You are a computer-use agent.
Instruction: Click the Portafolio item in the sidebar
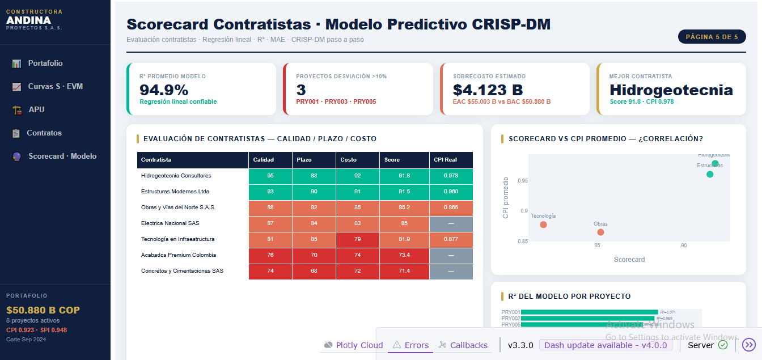coord(45,63)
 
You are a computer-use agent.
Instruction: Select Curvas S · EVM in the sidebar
coord(55,87)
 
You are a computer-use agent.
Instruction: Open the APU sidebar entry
coord(36,110)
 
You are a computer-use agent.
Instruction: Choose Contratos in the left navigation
coord(44,133)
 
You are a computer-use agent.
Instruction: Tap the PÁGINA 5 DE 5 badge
coord(712,37)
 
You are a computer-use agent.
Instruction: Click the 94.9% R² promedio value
coord(164,90)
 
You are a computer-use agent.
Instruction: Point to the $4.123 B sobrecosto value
coord(488,90)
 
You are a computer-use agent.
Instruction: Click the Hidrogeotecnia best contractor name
coord(671,90)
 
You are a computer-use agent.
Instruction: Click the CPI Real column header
coord(446,160)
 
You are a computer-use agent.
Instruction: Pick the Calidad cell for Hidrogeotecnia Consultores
coord(270,176)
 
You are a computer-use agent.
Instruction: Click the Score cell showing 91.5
coord(404,192)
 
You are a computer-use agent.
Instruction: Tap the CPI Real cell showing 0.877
coord(451,239)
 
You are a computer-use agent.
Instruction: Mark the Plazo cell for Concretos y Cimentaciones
coord(314,271)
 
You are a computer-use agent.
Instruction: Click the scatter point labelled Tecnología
coord(543,225)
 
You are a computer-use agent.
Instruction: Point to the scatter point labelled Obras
coord(600,232)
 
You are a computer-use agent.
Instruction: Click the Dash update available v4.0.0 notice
coord(606,345)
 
